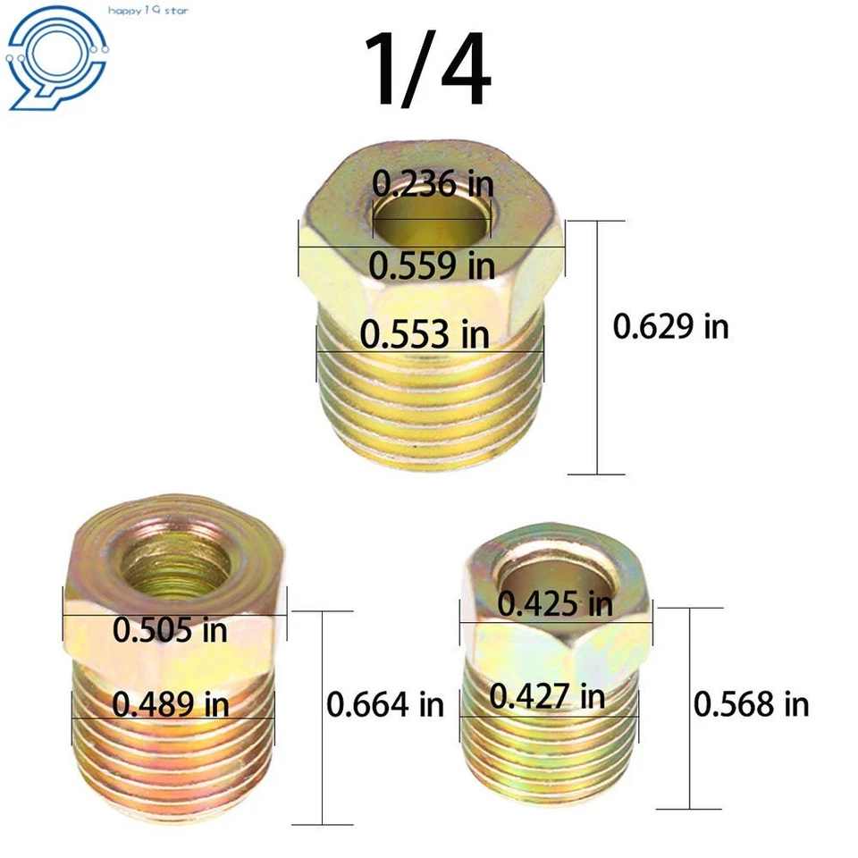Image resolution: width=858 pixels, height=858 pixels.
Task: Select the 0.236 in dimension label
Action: [433, 184]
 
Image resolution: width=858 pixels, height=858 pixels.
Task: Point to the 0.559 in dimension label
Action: [433, 265]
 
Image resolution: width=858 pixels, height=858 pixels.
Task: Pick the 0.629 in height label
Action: [670, 326]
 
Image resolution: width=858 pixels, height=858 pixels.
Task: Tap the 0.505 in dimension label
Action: [170, 630]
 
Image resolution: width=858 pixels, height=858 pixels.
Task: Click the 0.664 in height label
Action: [384, 704]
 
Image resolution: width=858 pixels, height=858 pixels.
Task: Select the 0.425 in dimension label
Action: [555, 604]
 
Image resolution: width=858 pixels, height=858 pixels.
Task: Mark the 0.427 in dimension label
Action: [547, 697]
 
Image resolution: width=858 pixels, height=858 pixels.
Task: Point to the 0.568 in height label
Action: [751, 704]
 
